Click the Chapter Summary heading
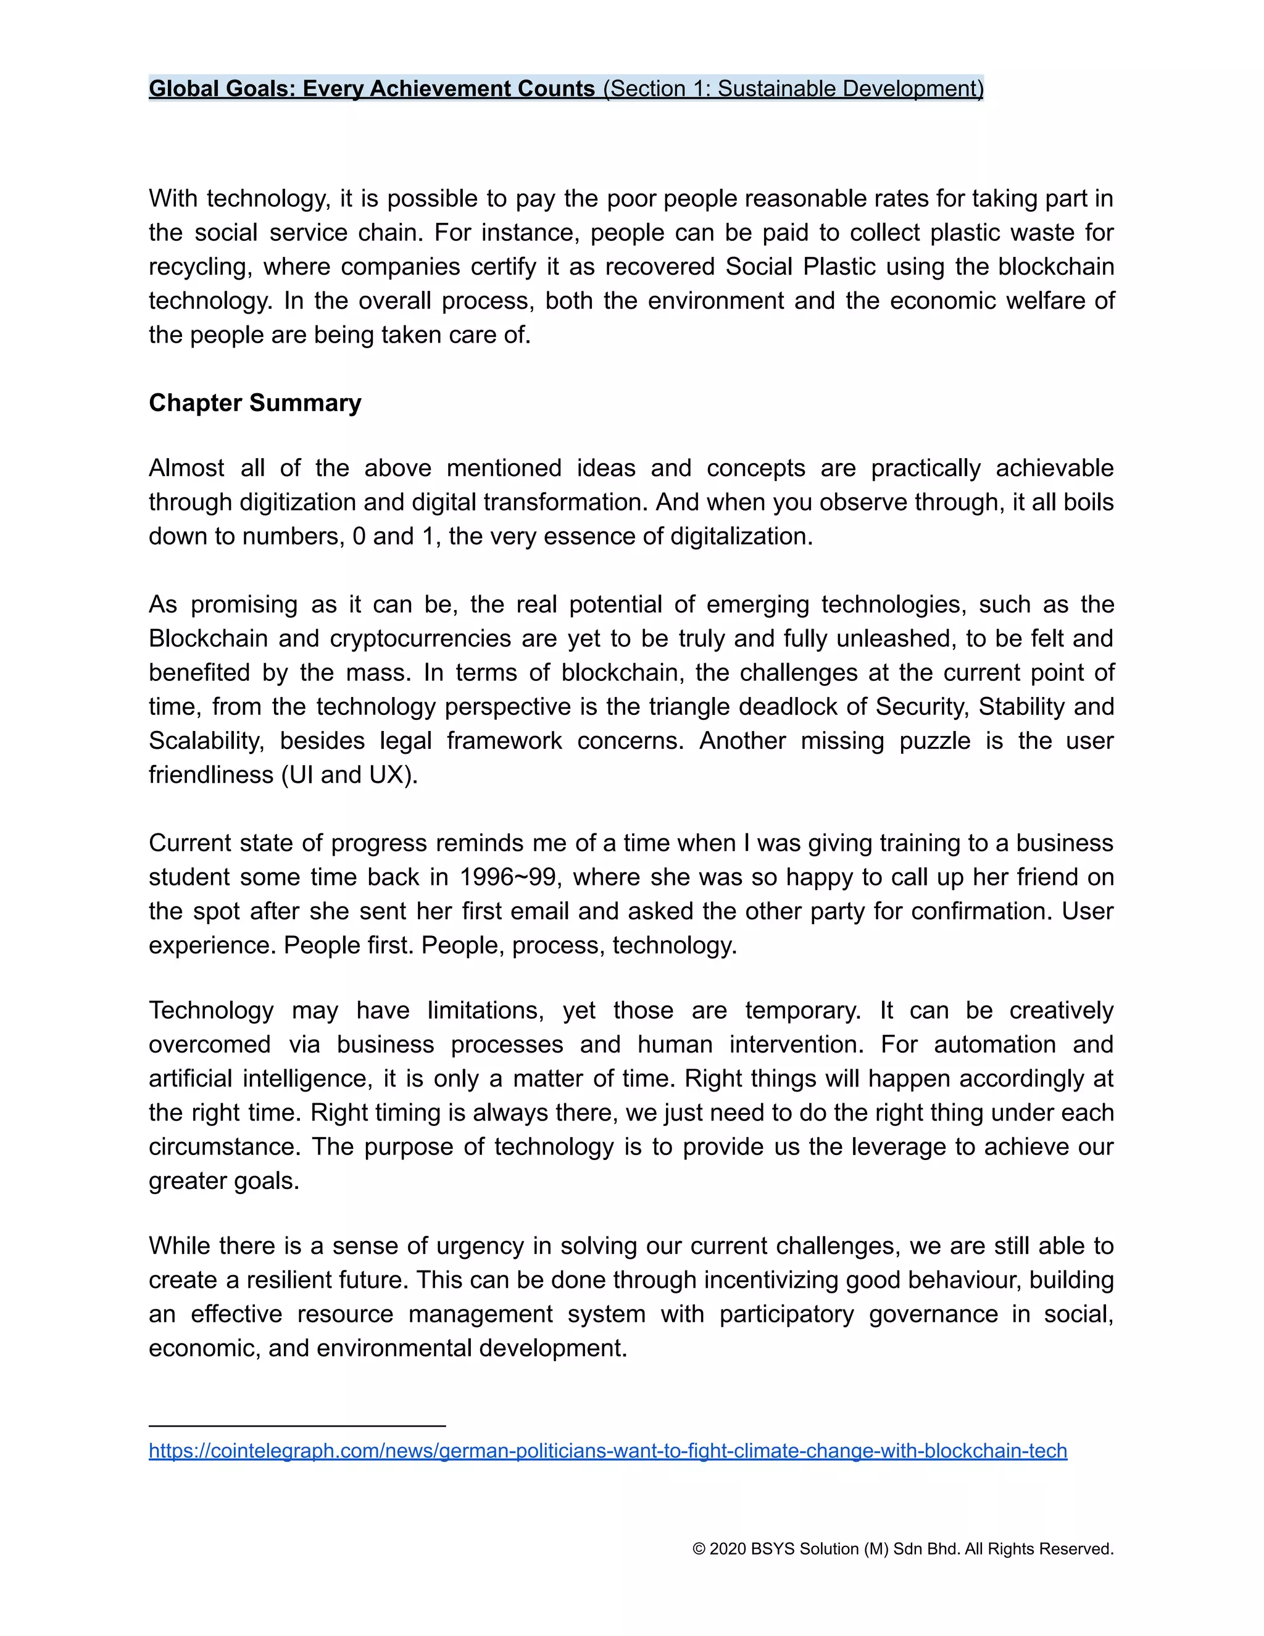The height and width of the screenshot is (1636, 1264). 255,403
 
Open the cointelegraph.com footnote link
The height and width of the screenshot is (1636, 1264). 607,1450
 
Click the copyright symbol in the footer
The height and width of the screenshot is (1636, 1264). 699,1548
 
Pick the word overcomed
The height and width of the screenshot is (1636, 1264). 209,1044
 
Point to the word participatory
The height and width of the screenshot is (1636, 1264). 786,1313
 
